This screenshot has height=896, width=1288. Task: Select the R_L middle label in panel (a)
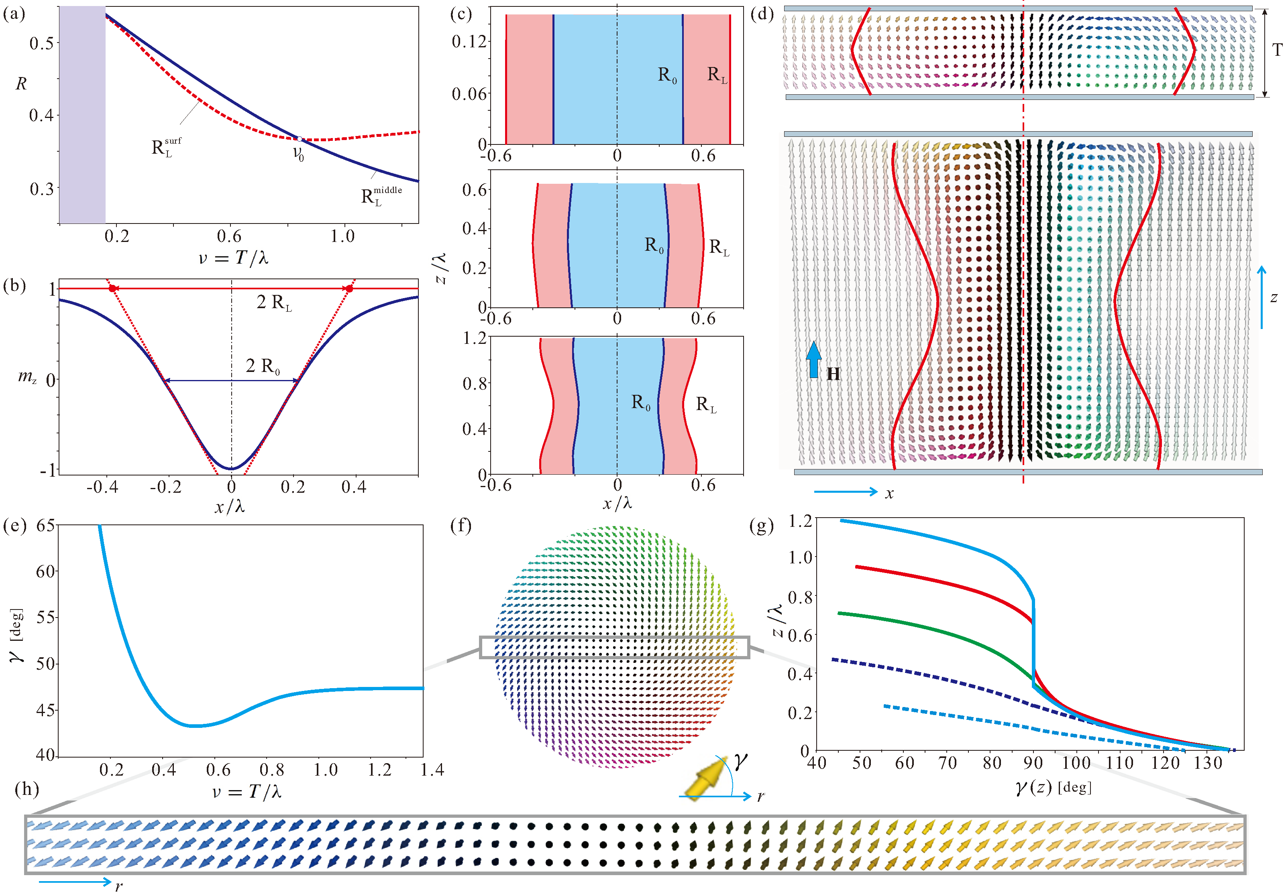pos(380,196)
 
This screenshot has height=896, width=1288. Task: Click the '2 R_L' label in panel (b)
pos(274,303)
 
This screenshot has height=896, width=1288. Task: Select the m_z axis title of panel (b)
pos(27,376)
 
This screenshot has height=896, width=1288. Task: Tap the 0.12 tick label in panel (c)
pos(469,41)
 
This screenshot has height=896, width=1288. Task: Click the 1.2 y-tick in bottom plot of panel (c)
pos(474,338)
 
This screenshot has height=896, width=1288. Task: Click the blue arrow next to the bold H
pos(813,360)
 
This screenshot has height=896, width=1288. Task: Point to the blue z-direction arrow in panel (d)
pos(1262,297)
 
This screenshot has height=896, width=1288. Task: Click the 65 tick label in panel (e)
pos(46,526)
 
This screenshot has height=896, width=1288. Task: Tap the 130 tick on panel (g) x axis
pos(1207,763)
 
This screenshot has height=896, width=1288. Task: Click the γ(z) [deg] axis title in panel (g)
pos(1054,788)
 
